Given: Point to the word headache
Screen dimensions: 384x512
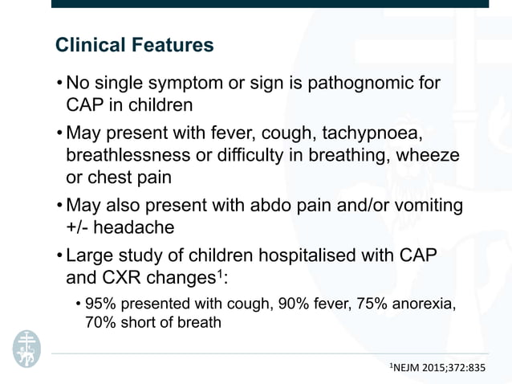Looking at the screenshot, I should click(x=135, y=228).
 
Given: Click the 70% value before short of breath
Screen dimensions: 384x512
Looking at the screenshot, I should click(x=100, y=323).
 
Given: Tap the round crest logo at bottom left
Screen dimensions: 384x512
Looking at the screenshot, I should click(x=25, y=347).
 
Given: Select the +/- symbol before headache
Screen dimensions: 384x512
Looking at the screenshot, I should click(x=80, y=228).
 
